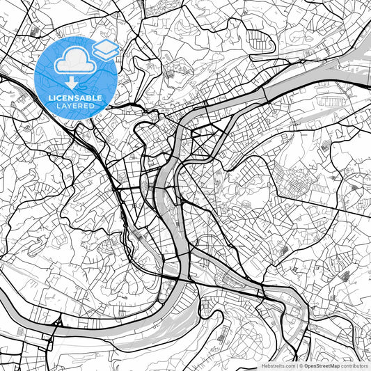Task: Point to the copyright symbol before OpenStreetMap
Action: click(300, 365)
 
